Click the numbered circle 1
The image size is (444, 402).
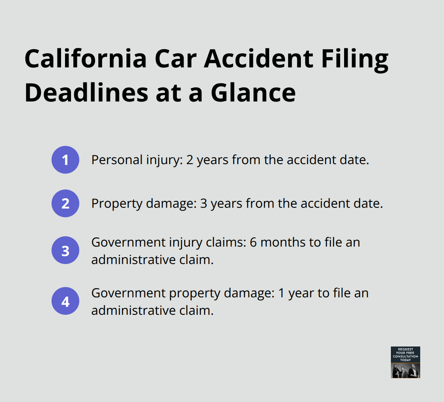click(65, 160)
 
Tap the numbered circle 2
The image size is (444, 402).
click(65, 203)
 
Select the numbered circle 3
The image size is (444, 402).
click(65, 251)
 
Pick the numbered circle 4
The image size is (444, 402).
click(65, 301)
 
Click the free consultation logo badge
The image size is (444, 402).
click(405, 362)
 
